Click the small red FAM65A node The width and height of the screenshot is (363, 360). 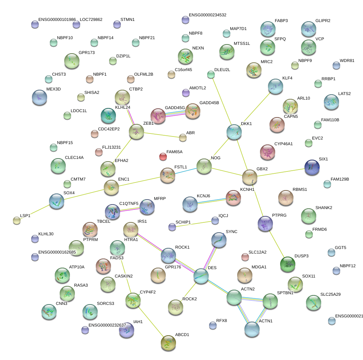coord(163,156)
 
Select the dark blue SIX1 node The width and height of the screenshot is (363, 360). coord(312,167)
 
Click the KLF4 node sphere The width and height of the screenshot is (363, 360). coord(275,86)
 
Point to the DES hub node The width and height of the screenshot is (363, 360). coord(201,276)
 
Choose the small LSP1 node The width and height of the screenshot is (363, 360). coord(16,220)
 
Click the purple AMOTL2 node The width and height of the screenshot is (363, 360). coord(185,92)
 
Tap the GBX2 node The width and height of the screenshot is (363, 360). coord(250,177)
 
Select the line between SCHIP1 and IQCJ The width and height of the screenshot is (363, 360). coord(193,224)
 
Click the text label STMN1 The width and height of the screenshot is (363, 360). coord(127,19)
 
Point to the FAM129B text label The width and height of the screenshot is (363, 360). coord(340,179)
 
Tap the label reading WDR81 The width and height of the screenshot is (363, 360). coord(347,60)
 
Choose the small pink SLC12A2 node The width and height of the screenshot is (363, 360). coord(245,257)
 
